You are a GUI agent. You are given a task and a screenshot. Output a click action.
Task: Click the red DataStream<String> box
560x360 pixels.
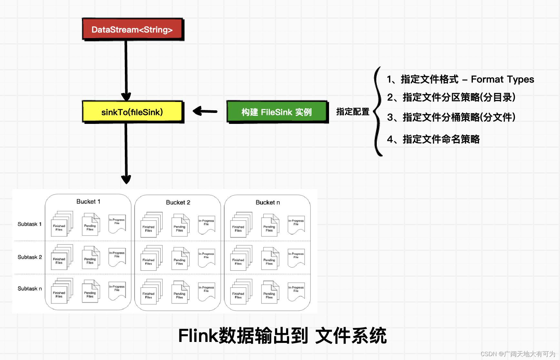(x=132, y=29)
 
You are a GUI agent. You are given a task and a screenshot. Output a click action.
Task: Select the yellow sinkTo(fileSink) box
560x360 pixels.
(x=132, y=112)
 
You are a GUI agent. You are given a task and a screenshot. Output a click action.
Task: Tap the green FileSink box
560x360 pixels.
(x=277, y=112)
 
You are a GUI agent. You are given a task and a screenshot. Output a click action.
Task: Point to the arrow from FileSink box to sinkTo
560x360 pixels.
(x=205, y=111)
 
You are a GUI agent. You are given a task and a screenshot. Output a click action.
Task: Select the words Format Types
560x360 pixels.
(x=502, y=79)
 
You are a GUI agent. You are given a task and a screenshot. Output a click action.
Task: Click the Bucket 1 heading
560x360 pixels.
(x=88, y=202)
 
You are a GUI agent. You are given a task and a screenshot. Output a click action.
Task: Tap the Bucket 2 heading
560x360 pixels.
(x=178, y=203)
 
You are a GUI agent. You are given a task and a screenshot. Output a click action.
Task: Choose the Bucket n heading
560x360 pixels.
(x=268, y=203)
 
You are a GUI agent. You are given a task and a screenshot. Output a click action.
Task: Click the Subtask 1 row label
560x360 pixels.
(x=29, y=224)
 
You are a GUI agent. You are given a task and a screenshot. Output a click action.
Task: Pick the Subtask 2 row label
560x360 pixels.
(x=29, y=257)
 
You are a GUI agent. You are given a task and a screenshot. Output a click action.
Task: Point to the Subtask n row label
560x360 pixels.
(x=29, y=288)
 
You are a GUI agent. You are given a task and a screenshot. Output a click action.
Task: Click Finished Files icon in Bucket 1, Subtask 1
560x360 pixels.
(x=61, y=224)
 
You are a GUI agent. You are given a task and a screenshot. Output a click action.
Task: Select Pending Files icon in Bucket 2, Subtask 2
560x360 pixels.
(x=180, y=259)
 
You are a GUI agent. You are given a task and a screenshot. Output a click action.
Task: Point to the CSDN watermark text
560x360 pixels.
(x=517, y=354)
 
